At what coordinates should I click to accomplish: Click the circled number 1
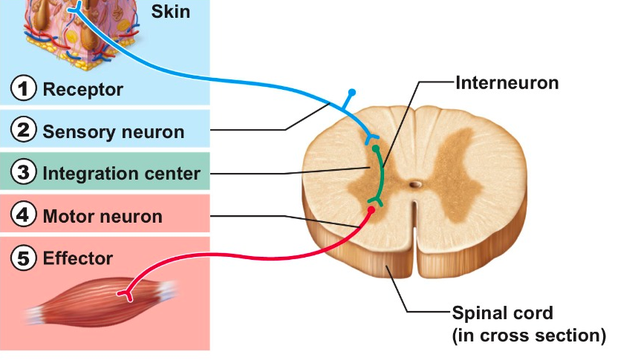click(25, 90)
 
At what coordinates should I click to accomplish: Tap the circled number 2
click(25, 131)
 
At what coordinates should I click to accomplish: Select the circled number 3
click(25, 173)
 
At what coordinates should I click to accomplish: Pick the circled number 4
click(25, 216)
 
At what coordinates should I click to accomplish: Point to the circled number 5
click(25, 258)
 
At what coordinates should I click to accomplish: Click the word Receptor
click(83, 90)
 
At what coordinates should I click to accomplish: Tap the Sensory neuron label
click(114, 132)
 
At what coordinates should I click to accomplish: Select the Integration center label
click(122, 174)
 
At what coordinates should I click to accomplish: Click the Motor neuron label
click(103, 217)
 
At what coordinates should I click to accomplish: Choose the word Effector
click(78, 258)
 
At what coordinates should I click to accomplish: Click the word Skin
click(170, 11)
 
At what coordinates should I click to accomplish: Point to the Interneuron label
click(507, 82)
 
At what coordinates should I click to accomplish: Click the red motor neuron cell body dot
click(371, 209)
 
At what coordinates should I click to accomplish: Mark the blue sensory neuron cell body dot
click(352, 92)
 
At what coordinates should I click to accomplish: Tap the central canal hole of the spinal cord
click(416, 182)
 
